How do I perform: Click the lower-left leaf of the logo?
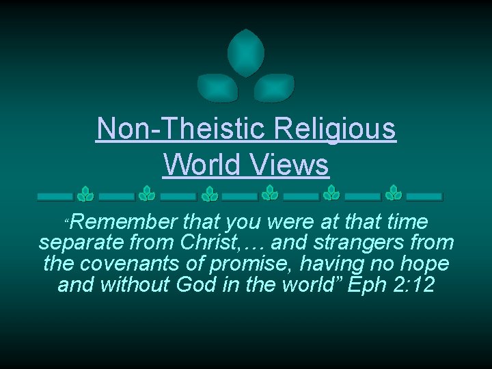(217, 87)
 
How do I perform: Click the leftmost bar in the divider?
(55, 196)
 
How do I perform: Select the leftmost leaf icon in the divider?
(85, 194)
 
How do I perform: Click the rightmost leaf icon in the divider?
(393, 194)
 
